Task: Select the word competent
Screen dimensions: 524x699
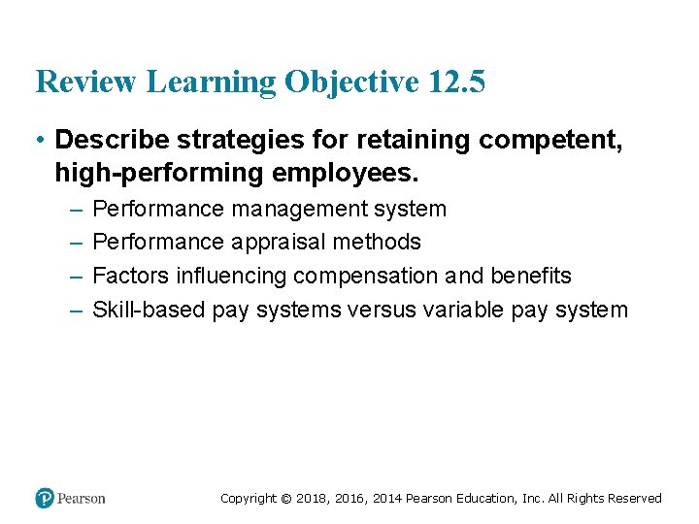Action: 550,141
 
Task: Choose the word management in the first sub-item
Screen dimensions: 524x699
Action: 288,209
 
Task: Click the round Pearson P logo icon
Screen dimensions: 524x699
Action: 45,498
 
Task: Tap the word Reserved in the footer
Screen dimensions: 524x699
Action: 634,499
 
